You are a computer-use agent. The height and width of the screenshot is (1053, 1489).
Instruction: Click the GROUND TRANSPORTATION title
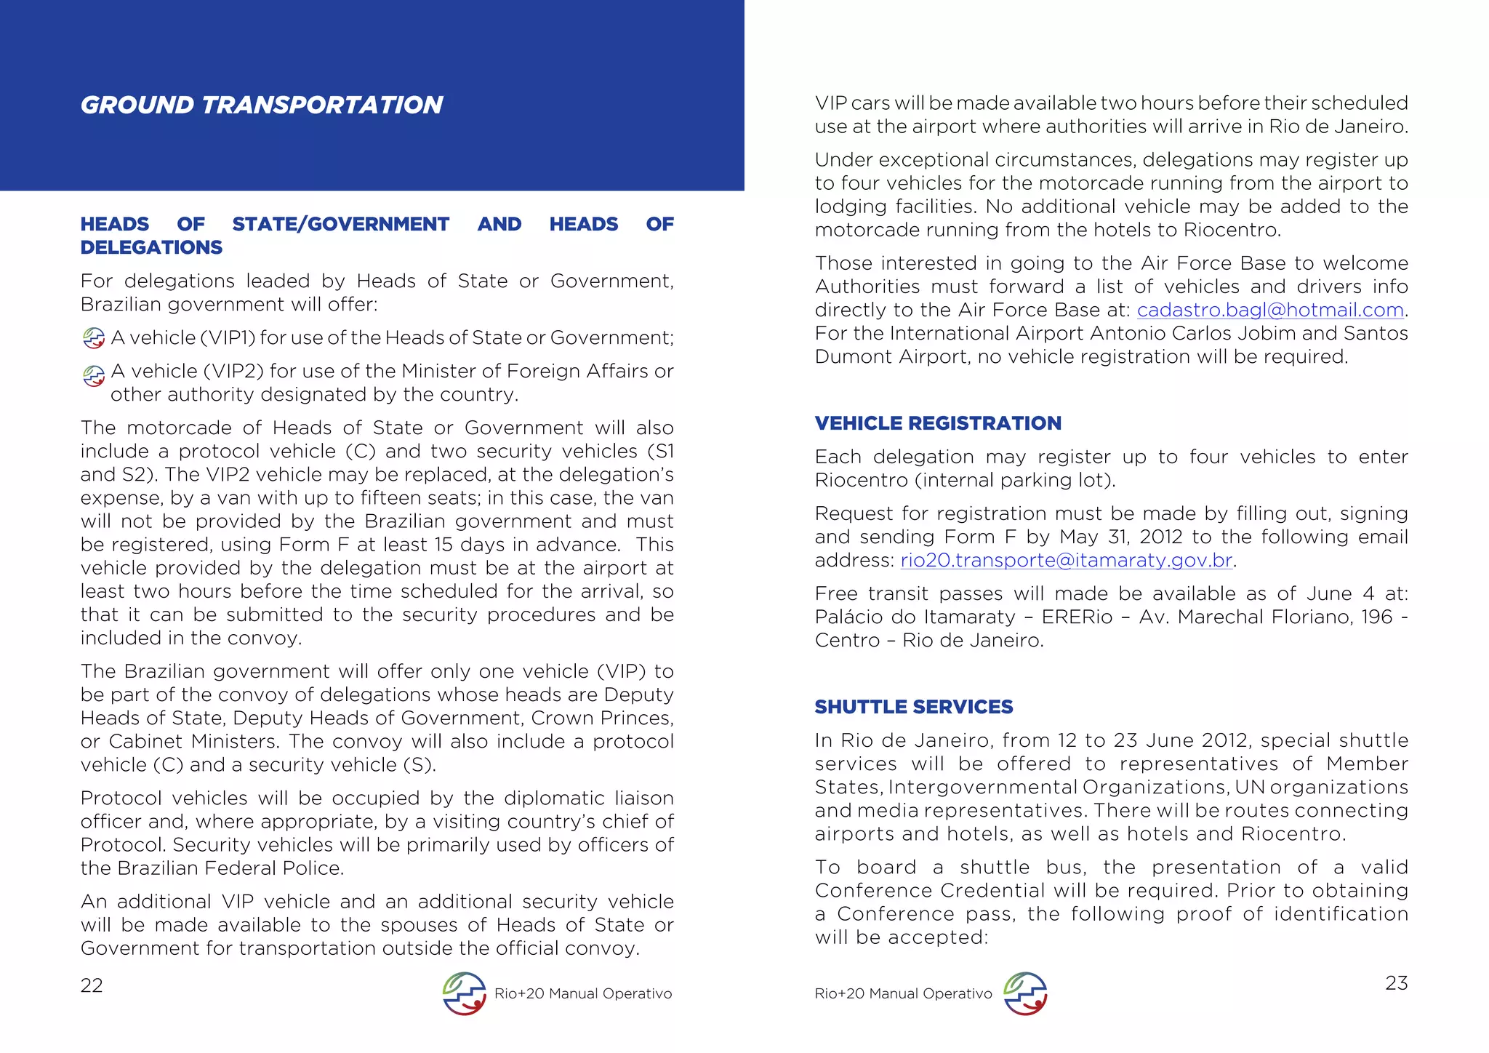coord(261,105)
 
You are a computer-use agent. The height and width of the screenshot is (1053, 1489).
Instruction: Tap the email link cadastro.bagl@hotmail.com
coord(1269,310)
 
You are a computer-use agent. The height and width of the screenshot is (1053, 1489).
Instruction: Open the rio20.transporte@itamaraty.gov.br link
coord(1066,560)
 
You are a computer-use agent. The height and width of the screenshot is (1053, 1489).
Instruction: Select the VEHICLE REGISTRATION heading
coord(937,423)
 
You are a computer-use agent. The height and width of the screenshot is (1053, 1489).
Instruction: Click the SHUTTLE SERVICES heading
coord(913,707)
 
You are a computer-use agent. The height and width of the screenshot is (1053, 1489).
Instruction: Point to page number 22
coord(92,985)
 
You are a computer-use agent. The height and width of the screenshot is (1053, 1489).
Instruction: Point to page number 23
coord(1396,983)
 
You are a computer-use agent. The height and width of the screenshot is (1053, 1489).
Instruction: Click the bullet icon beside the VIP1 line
coord(94,338)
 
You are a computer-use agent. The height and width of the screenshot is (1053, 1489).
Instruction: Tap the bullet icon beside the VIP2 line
coord(94,375)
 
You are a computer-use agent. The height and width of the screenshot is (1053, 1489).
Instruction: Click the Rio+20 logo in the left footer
coord(464,993)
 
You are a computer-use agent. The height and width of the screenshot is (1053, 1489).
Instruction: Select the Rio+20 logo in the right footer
coord(1024,993)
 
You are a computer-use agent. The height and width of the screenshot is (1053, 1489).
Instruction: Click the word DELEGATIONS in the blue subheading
coord(151,247)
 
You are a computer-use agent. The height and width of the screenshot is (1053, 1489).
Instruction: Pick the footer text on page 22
coord(582,993)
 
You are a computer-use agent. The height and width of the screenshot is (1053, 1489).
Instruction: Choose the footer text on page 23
coord(903,993)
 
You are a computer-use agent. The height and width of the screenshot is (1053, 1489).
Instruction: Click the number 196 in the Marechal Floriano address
coord(1376,617)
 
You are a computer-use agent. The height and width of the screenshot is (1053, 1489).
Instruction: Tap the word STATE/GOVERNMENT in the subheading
coord(340,224)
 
